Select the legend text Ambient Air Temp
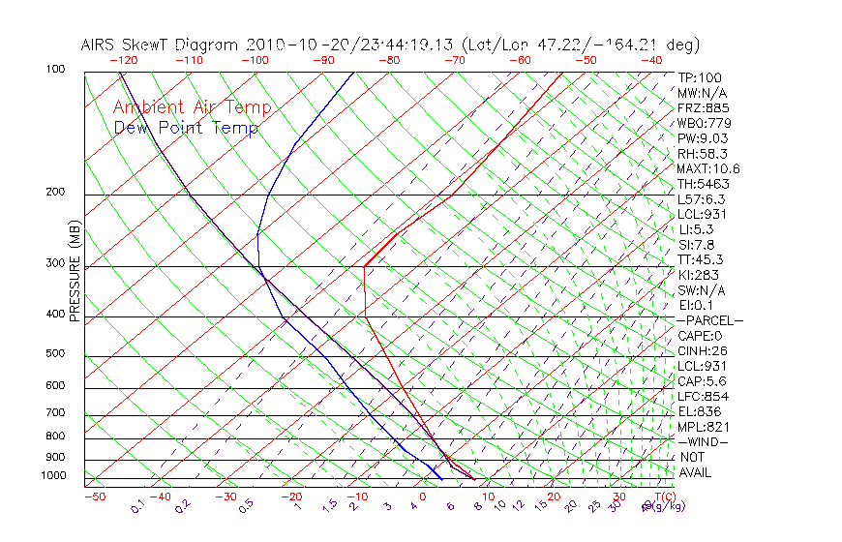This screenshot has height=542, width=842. pyautogui.click(x=192, y=107)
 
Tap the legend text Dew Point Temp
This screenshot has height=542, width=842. pyautogui.click(x=186, y=128)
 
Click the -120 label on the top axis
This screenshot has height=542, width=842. pyautogui.click(x=123, y=60)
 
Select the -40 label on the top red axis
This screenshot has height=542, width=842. pyautogui.click(x=652, y=60)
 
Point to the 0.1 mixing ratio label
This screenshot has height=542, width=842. pyautogui.click(x=136, y=505)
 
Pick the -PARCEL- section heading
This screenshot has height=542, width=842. pyautogui.click(x=709, y=320)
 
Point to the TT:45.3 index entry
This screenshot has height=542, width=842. pyautogui.click(x=701, y=259)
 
